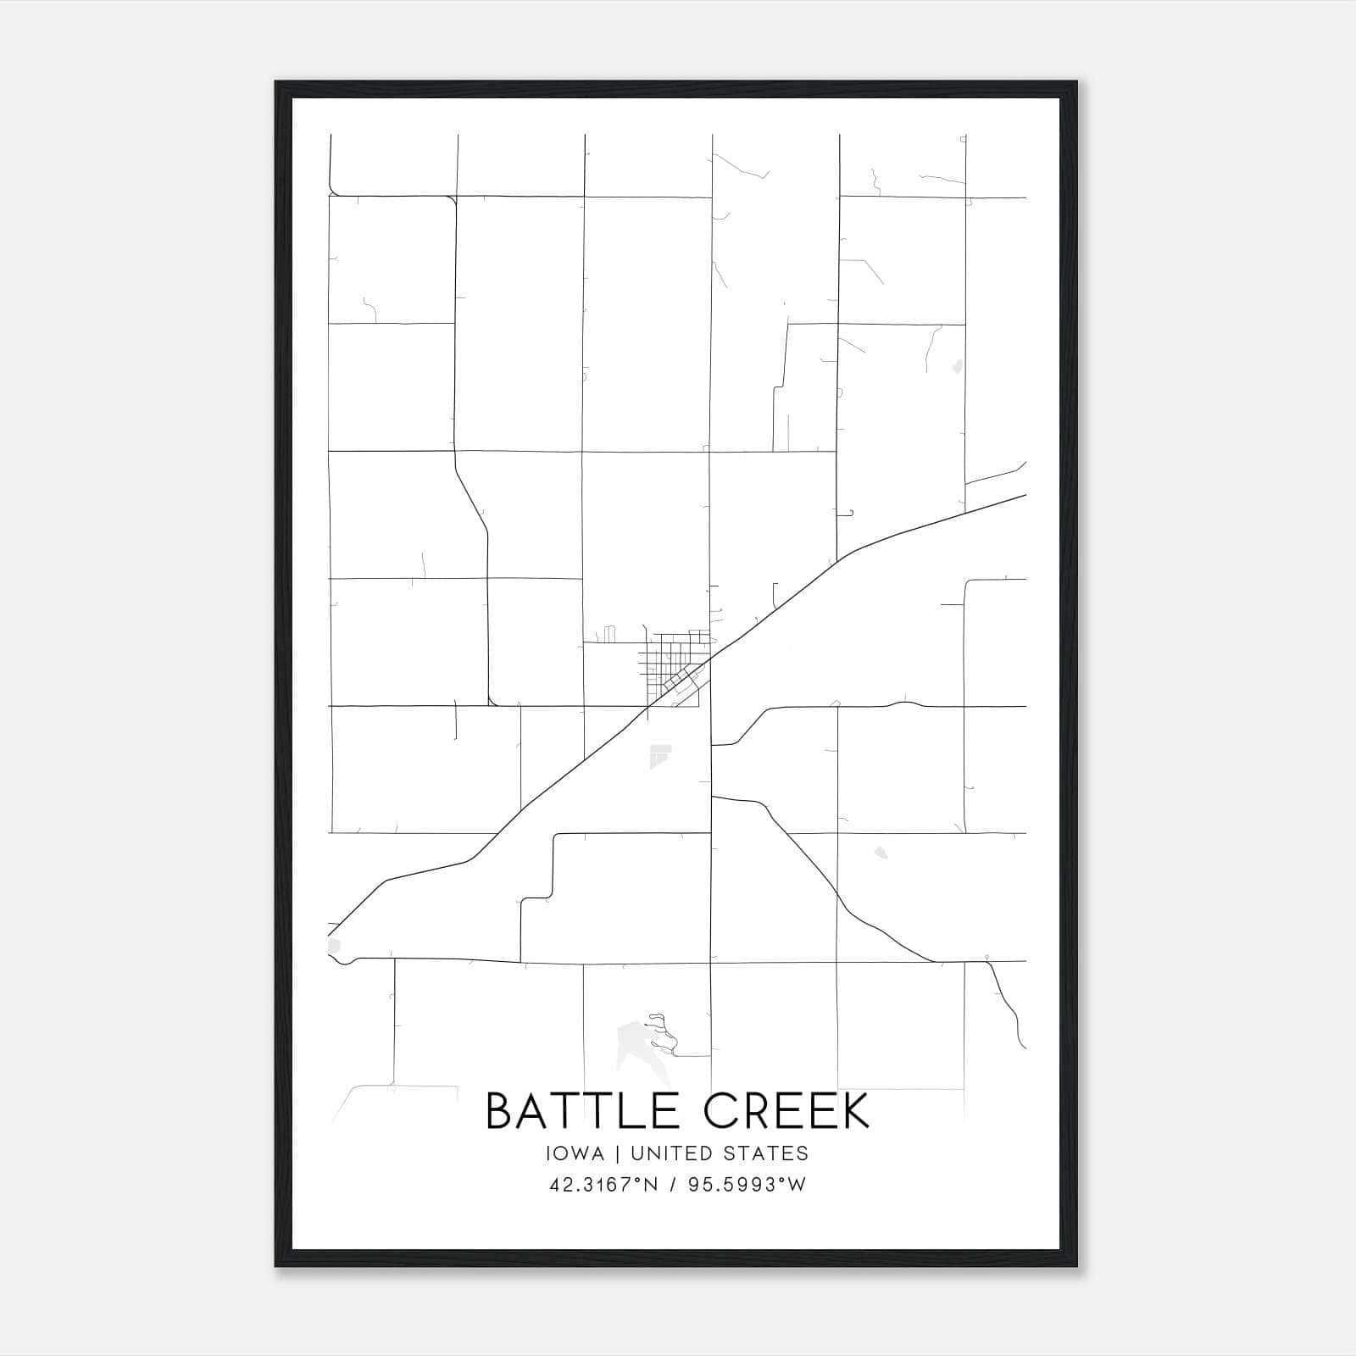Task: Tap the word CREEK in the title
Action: click(x=787, y=1111)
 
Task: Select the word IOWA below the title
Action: click(x=575, y=1153)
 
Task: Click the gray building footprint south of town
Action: click(x=659, y=756)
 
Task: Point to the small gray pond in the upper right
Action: click(x=958, y=367)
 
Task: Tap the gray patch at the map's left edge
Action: click(x=332, y=946)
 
